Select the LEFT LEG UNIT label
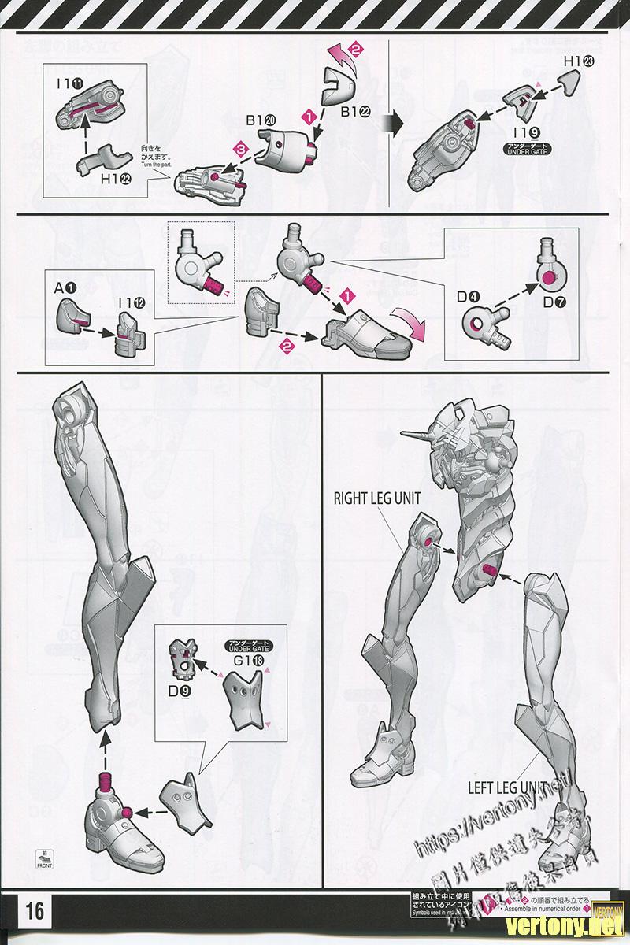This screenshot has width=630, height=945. [x=509, y=787]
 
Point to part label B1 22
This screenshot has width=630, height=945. [x=356, y=112]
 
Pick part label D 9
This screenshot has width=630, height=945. [x=180, y=693]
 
